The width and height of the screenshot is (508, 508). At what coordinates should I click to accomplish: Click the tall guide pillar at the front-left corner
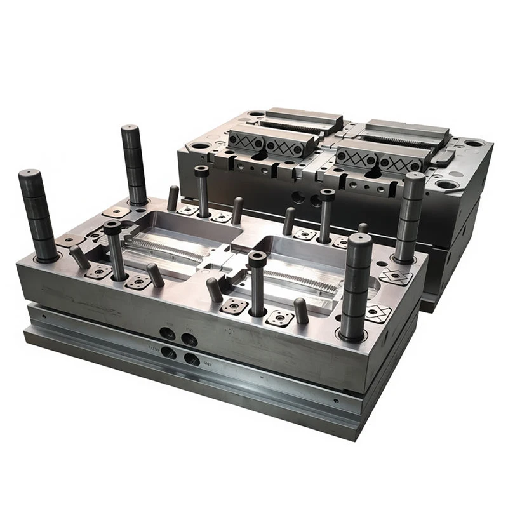[39, 216]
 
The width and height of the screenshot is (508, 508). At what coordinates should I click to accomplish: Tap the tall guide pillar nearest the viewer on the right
[356, 286]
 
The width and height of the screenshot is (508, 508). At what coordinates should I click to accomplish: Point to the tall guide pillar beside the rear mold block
[410, 216]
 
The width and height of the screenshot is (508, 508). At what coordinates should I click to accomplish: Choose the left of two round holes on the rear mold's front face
[297, 197]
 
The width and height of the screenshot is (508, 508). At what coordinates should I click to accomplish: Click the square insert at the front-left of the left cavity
[99, 272]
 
